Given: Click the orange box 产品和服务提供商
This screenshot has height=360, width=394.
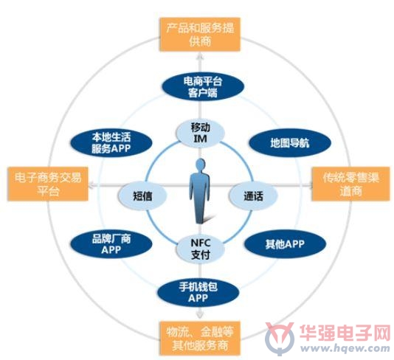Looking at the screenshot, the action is point(200,35).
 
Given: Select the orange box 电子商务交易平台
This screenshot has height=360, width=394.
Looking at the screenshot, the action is point(48,184).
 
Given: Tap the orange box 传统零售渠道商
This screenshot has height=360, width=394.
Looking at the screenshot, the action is point(350,184).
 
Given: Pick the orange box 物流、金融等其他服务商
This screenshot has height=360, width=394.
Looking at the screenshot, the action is point(200,338).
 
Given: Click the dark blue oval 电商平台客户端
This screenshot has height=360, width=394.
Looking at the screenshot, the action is point(203,86).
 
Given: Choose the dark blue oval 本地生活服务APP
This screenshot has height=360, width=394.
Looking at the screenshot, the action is point(111,142).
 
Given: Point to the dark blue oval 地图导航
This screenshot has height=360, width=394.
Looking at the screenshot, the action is point(290,142).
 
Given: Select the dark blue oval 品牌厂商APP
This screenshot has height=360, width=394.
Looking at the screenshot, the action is point(111,244).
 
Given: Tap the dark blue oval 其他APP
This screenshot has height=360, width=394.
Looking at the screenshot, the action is point(286,244).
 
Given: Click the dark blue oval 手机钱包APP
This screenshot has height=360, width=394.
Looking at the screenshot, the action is point(198,293).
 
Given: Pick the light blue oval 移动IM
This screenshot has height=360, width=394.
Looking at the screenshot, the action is point(200,133).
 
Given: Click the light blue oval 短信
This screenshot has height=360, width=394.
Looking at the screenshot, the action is point(142,195).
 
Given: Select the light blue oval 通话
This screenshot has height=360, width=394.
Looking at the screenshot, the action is point(253,195).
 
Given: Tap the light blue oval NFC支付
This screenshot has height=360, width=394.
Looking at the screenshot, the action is point(200,249).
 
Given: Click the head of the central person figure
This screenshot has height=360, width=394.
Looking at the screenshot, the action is point(200,165).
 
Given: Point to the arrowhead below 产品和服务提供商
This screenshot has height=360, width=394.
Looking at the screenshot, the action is point(200,56).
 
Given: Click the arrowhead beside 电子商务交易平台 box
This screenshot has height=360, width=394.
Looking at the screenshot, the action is point(92,185).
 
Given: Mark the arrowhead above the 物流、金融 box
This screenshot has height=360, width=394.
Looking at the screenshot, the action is point(200,316).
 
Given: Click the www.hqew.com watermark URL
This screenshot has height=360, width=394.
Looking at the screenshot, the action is point(345,348).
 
